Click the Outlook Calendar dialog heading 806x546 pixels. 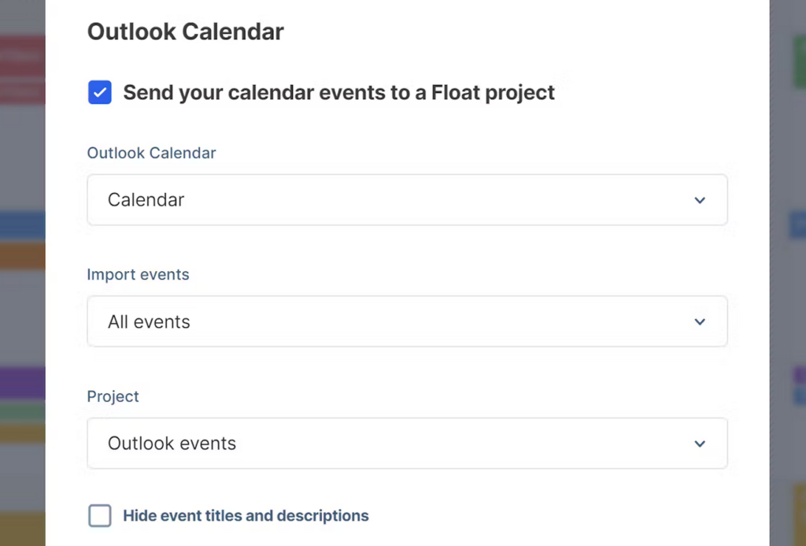[186, 32]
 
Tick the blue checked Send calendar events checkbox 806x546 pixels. [100, 92]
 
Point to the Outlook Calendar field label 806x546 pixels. [151, 153]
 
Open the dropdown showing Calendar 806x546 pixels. [407, 200]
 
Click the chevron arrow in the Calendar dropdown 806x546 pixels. [700, 200]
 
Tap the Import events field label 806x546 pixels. [138, 275]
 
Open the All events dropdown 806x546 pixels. [407, 321]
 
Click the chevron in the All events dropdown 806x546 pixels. [700, 321]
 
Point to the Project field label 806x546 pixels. [113, 396]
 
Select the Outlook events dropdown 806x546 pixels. [407, 444]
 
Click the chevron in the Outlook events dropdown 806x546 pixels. [700, 444]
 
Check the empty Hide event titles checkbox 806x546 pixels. [100, 516]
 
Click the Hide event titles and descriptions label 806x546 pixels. [246, 516]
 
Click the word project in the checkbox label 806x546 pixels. [519, 92]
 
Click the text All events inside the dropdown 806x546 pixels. [149, 321]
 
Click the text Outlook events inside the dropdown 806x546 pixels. [172, 444]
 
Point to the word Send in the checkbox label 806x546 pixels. [149, 92]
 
